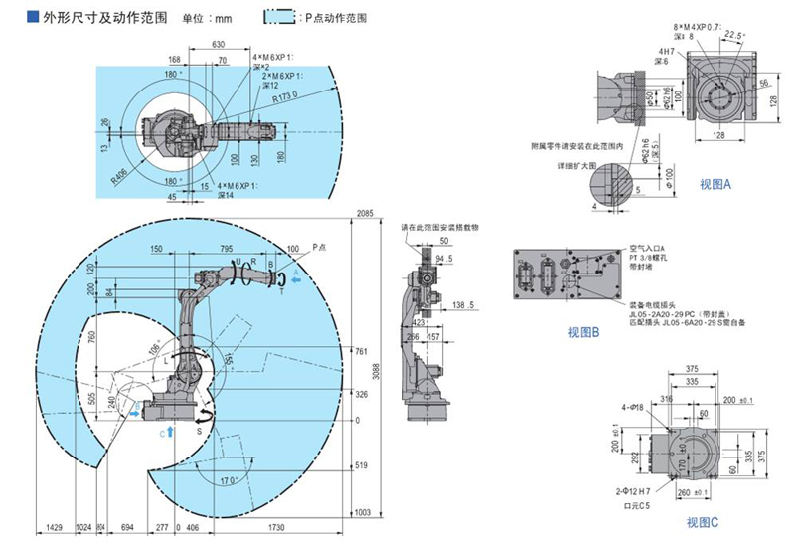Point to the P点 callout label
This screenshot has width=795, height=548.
coord(318,244)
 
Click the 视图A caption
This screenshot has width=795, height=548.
coord(715,184)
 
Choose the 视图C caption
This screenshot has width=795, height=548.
coord(702,522)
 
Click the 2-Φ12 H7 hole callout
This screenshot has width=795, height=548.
coord(633,492)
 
